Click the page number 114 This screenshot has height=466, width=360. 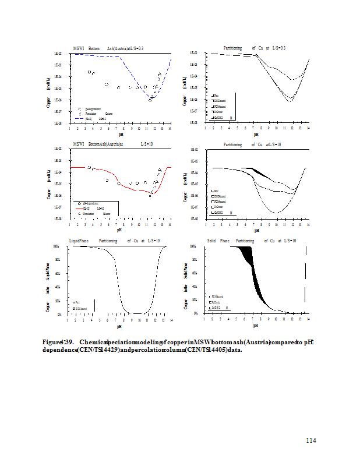[310, 440]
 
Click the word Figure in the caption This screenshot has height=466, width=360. [52, 342]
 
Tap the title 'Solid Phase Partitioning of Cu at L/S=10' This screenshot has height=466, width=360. [251, 240]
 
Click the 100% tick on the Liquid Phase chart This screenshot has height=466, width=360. [58, 246]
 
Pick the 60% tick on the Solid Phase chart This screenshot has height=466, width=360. [195, 273]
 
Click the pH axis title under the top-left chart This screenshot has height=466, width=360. [119, 135]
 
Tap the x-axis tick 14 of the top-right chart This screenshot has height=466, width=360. [308, 128]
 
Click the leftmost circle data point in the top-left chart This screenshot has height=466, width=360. [89, 72]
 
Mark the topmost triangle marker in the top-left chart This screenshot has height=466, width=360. [160, 74]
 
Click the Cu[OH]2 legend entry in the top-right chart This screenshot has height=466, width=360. [220, 118]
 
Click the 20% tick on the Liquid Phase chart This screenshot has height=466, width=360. [58, 301]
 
